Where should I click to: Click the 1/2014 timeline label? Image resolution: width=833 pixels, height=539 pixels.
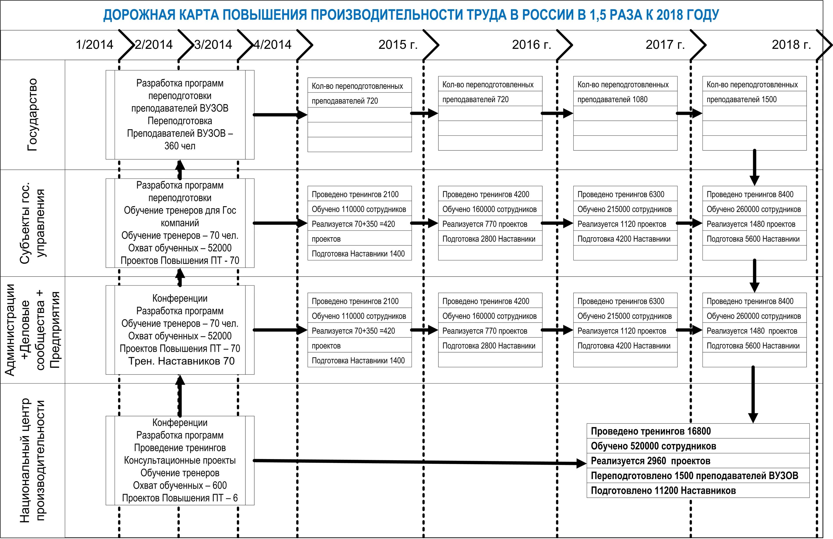coord(94,45)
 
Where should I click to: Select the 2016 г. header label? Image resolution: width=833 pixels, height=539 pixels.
coord(531,45)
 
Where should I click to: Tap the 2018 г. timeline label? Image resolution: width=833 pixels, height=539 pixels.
coord(791,45)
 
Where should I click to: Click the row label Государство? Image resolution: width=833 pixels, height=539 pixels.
coord(32,115)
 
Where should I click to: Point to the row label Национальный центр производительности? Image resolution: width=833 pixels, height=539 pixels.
coord(32,460)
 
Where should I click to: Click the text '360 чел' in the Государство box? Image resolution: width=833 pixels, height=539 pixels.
coord(180,146)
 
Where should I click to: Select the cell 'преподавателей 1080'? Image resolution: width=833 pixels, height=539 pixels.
coord(612,99)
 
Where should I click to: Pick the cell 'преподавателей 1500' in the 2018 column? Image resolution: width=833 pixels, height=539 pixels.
coord(741,99)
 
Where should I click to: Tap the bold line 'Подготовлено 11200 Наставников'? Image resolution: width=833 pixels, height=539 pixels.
coord(663,491)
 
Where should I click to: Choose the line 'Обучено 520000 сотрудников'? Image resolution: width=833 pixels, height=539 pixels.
coord(653,446)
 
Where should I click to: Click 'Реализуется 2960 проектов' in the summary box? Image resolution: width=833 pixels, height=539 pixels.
coord(650,461)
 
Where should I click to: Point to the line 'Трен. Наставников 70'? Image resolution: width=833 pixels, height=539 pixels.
coord(181,361)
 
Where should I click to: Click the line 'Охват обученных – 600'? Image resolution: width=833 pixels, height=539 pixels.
coord(180,485)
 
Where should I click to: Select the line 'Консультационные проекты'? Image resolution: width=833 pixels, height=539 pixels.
coord(180,460)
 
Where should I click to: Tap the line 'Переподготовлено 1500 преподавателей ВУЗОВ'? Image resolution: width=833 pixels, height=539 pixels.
coord(694,476)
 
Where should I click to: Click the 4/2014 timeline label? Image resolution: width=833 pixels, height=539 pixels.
coord(273,45)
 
